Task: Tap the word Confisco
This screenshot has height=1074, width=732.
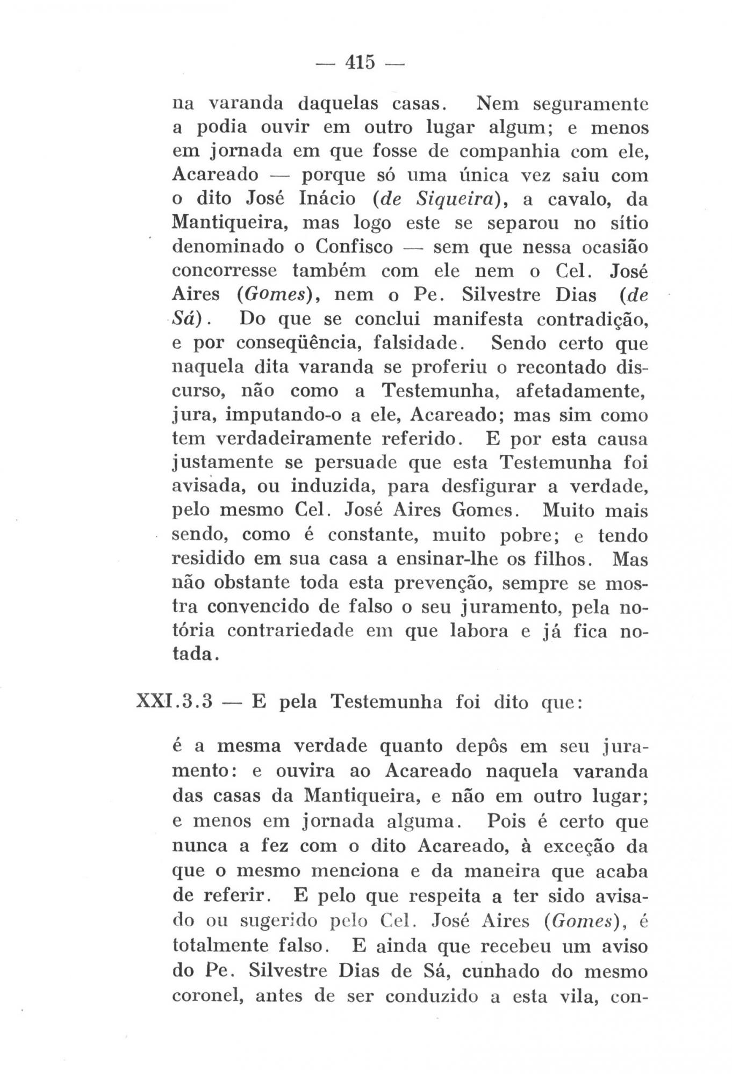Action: click(x=354, y=247)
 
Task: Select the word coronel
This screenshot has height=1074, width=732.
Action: click(x=206, y=996)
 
